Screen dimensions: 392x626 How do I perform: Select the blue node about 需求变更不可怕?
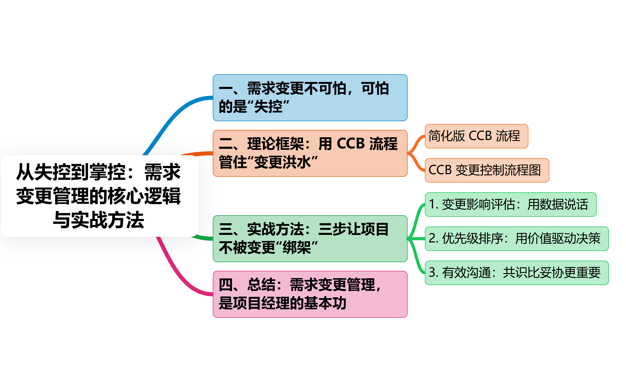[310, 98]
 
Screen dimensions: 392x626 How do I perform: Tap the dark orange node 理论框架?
[310, 153]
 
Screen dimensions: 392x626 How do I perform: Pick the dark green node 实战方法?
[310, 238]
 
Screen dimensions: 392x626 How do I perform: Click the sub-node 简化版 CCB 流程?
[476, 136]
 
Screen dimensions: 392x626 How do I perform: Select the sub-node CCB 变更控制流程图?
[487, 170]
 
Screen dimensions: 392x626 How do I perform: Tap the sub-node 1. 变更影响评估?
[510, 204]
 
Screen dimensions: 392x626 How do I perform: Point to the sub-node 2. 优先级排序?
[516, 238]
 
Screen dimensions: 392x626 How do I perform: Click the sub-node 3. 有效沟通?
[516, 273]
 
